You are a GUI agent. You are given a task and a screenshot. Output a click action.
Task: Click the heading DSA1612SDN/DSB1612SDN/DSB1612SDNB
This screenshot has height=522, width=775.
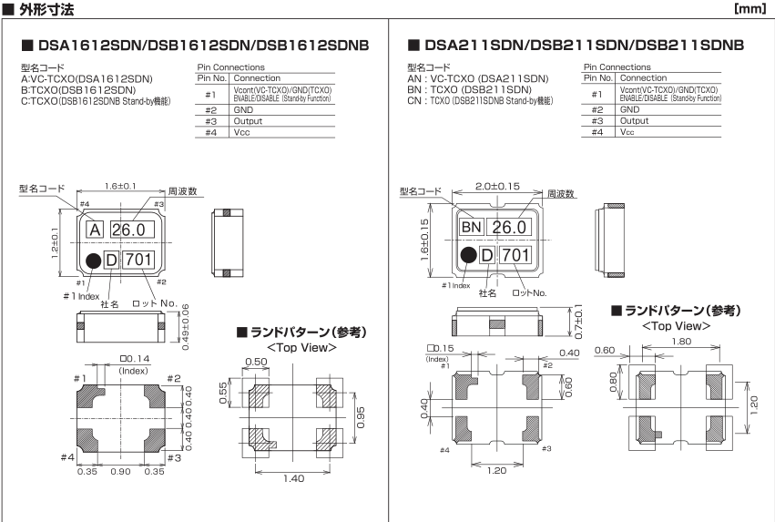195,45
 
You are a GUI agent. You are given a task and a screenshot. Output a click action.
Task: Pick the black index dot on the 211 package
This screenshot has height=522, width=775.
468,255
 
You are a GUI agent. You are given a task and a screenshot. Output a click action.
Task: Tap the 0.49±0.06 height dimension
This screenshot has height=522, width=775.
185,326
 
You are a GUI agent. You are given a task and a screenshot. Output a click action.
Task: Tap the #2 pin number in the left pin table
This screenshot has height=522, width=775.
209,108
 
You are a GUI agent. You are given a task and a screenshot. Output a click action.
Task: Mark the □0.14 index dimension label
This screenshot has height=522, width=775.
134,359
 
